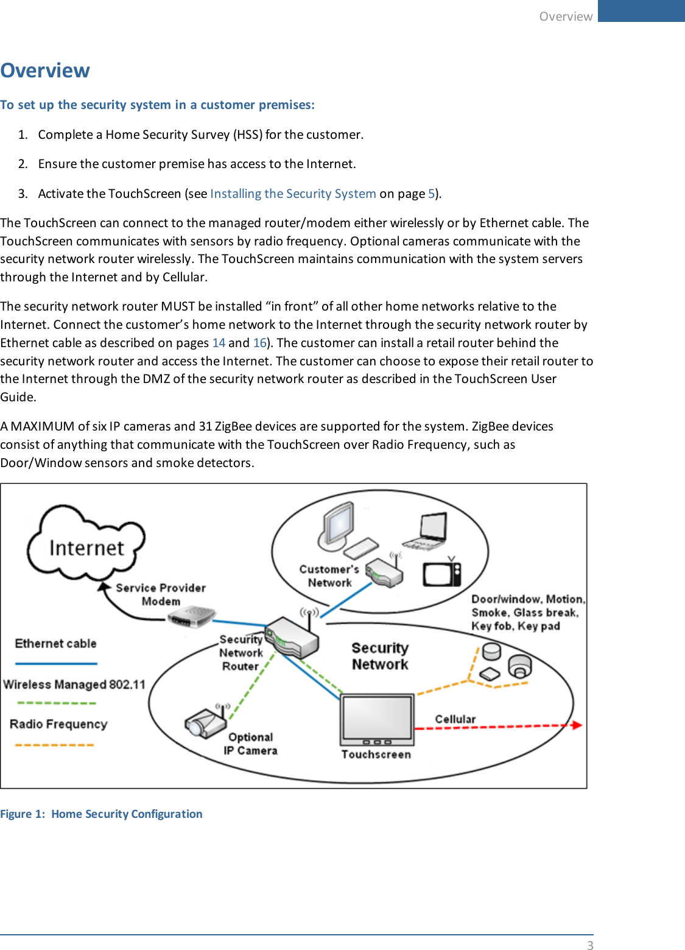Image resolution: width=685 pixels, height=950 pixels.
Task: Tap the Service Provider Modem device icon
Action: pos(191,617)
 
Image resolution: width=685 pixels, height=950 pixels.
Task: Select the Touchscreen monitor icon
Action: pos(378,719)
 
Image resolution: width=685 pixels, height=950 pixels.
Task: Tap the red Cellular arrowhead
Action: pos(576,725)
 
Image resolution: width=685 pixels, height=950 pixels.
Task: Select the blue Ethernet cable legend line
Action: pos(56,663)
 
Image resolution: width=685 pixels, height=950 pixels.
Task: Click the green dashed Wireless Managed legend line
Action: pos(56,703)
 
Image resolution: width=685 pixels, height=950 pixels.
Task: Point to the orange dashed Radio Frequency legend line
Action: pos(55,744)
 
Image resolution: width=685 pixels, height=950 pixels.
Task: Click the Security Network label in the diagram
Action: pos(380,656)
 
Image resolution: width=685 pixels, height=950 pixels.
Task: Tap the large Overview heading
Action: pos(45,71)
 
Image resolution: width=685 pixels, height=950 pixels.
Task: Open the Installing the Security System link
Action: pos(293,194)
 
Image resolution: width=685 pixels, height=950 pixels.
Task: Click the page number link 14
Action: pos(219,343)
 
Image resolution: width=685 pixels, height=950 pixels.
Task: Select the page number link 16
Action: pos(259,343)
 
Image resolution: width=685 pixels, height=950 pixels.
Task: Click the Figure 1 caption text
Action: pos(101,814)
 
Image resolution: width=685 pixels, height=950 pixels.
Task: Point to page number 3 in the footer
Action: pos(589,945)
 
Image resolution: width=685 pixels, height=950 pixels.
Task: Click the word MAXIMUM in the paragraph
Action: pos(43,426)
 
